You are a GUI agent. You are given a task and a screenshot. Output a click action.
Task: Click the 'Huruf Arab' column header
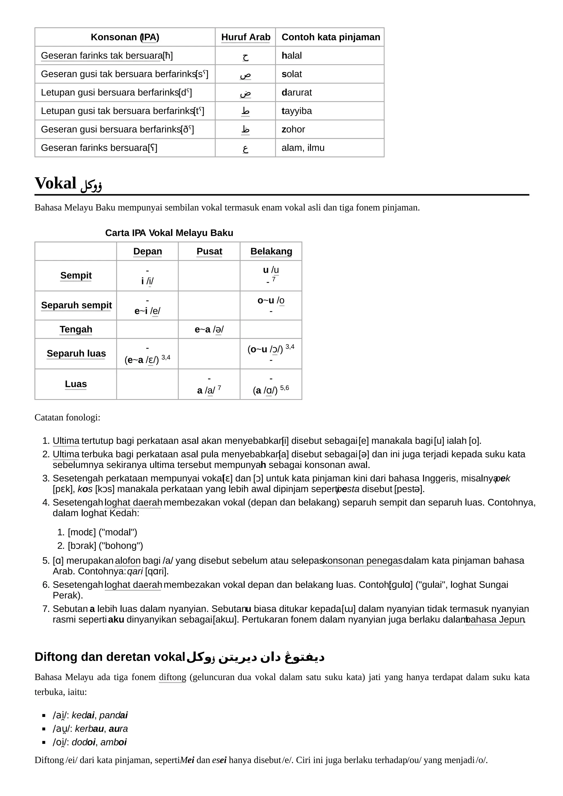click(x=245, y=37)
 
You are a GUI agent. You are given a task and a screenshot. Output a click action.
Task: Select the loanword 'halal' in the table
click(x=291, y=55)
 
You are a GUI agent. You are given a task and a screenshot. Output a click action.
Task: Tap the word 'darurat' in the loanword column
click(x=297, y=92)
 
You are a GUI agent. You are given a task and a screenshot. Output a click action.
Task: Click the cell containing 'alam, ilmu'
click(x=303, y=148)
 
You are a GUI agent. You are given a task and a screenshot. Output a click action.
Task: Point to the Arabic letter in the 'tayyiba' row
click(x=245, y=111)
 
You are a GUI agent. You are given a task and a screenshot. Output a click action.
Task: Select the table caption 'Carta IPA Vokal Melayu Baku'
click(x=169, y=233)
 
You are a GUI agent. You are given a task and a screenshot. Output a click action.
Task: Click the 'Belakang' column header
click(x=271, y=251)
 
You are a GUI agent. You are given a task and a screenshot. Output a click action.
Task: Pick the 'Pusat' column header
click(x=209, y=251)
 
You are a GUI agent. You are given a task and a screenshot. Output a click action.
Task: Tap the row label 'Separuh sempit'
click(x=76, y=305)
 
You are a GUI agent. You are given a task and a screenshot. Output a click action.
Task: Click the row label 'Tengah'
click(x=76, y=329)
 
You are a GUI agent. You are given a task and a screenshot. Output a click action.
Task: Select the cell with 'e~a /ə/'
click(x=209, y=329)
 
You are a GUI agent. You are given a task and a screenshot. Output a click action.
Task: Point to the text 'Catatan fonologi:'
click(x=67, y=418)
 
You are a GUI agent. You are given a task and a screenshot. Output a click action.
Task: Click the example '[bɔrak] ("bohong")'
click(x=105, y=546)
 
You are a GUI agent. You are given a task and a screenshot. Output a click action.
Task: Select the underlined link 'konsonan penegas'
click(x=363, y=561)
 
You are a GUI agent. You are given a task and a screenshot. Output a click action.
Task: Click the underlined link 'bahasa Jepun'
click(x=495, y=620)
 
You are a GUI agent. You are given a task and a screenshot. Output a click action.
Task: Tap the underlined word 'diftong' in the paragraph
click(x=172, y=677)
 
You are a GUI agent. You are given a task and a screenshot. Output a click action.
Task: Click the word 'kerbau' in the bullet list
click(x=89, y=729)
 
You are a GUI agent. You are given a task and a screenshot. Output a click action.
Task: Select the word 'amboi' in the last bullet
click(x=114, y=742)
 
